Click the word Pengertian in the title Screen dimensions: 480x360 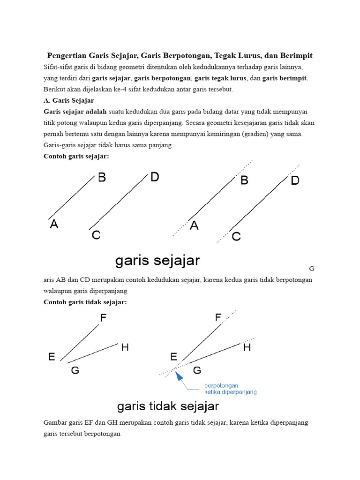[67, 56]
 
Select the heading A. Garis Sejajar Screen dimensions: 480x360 [69, 100]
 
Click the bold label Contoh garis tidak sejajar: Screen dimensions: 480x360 [85, 302]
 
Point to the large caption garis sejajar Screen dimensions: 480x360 [157, 261]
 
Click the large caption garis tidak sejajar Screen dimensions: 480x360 [168, 405]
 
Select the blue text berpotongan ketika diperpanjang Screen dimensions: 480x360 [230, 389]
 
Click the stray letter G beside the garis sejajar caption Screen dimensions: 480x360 [312, 269]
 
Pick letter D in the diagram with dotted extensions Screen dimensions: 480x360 [295, 180]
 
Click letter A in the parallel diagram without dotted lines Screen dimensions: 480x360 [54, 225]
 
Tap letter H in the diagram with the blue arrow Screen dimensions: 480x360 [247, 348]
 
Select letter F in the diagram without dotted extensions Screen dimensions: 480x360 [103, 318]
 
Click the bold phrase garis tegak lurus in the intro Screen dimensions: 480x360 [217, 78]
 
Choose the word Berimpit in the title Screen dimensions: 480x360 [295, 56]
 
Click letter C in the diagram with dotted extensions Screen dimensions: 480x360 [236, 237]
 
